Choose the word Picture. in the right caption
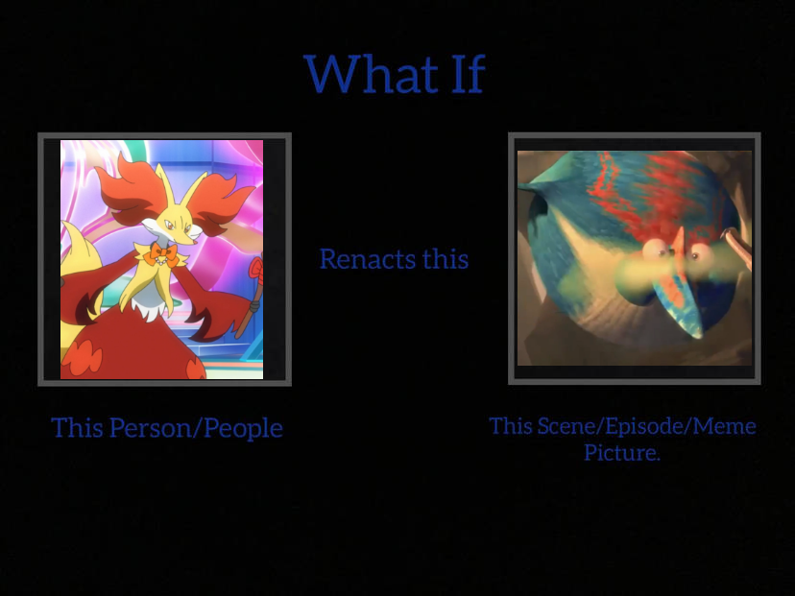(x=622, y=453)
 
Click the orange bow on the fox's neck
(x=159, y=256)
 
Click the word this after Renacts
(x=446, y=259)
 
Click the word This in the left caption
(x=77, y=428)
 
